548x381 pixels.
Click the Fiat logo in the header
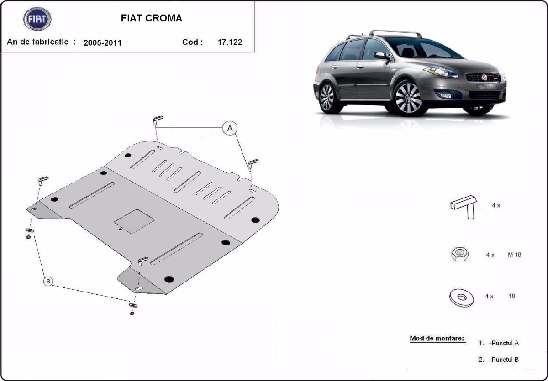click(x=37, y=19)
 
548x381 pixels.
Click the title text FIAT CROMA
click(x=151, y=18)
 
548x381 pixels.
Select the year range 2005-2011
click(x=102, y=42)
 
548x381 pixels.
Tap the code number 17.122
click(x=230, y=42)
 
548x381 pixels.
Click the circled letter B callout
click(x=48, y=282)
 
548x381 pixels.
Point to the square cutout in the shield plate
click(x=134, y=221)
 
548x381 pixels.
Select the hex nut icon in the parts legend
click(x=459, y=254)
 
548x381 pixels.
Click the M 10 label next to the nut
click(x=514, y=255)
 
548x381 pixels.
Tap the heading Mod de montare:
click(x=437, y=339)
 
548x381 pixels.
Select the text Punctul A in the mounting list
click(x=504, y=343)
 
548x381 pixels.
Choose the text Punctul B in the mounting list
click(x=504, y=360)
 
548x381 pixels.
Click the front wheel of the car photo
click(x=407, y=98)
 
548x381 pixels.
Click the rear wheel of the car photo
click(x=327, y=97)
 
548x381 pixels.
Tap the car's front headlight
click(x=440, y=72)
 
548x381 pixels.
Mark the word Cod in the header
click(x=190, y=42)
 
